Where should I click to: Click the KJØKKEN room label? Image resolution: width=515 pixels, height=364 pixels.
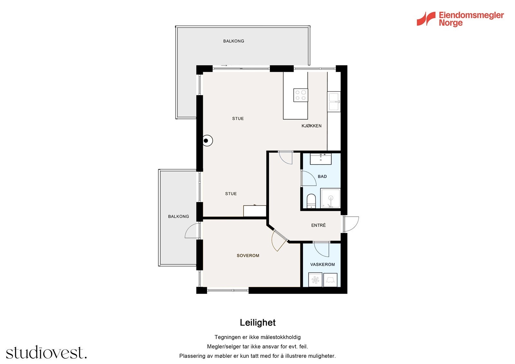pyautogui.click(x=312, y=126)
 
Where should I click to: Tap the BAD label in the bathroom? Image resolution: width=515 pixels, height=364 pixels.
pyautogui.click(x=322, y=176)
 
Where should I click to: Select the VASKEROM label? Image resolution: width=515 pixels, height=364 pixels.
pyautogui.click(x=323, y=265)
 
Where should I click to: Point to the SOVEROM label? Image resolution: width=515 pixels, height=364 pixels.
pyautogui.click(x=248, y=256)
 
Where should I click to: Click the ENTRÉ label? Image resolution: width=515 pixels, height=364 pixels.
pyautogui.click(x=318, y=225)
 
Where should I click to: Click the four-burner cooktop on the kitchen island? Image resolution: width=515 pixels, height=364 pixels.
pyautogui.click(x=301, y=95)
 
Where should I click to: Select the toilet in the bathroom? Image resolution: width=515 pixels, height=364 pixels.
pyautogui.click(x=311, y=201)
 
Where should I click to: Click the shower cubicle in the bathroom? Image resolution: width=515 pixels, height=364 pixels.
pyautogui.click(x=330, y=198)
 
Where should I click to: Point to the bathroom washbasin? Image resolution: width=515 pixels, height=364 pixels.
pyautogui.click(x=321, y=159)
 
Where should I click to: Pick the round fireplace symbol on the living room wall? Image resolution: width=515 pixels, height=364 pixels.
pyautogui.click(x=207, y=141)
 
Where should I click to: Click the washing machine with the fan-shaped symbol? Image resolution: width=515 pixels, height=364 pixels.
pyautogui.click(x=315, y=280)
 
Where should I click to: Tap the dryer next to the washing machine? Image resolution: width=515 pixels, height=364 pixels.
pyautogui.click(x=330, y=280)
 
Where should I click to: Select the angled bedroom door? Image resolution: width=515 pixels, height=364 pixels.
pyautogui.click(x=279, y=240)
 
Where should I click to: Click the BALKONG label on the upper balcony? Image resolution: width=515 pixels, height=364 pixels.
pyautogui.click(x=234, y=41)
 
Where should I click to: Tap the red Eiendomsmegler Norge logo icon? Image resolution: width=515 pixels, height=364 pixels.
pyautogui.click(x=426, y=19)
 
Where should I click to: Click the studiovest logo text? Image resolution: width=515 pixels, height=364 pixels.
pyautogui.click(x=46, y=352)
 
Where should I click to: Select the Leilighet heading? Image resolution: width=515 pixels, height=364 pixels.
pyautogui.click(x=257, y=322)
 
